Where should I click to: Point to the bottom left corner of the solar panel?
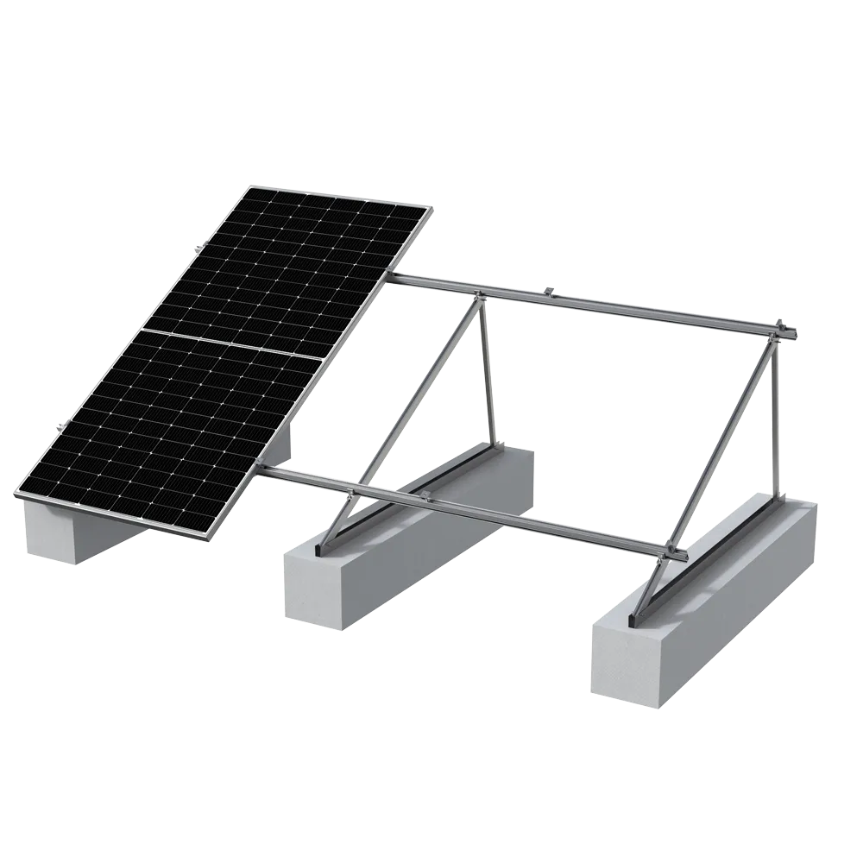19,494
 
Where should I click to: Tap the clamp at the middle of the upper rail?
551,291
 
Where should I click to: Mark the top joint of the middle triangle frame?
476,298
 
